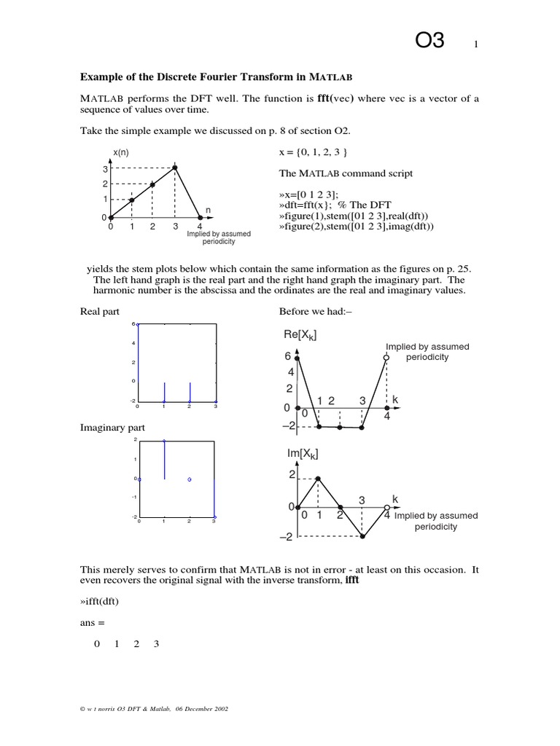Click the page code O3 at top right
pos(429,41)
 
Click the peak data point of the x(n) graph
pos(175,168)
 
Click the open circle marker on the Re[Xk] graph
pos(386,357)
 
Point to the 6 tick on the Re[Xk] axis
pos(288,357)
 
